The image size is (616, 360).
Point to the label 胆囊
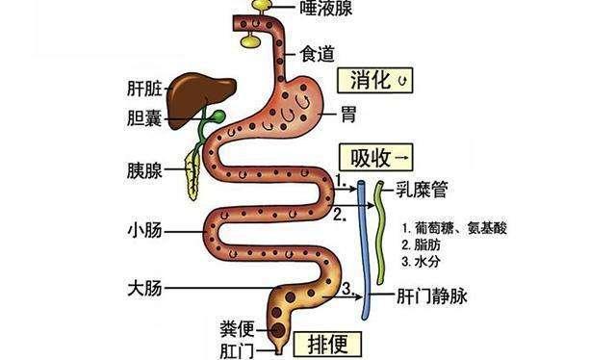click(x=142, y=120)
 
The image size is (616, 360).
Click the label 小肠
click(x=143, y=231)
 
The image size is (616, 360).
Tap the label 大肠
click(x=143, y=287)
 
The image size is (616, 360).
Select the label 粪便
click(x=238, y=328)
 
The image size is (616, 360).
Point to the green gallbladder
click(x=218, y=117)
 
